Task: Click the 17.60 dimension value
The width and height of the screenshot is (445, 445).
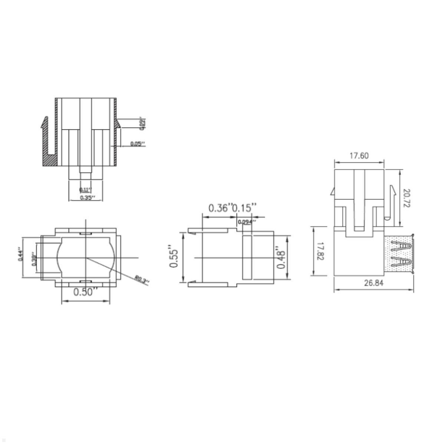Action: click(359, 156)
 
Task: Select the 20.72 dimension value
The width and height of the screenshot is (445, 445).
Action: click(406, 198)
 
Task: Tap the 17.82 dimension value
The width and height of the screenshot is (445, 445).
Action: click(321, 251)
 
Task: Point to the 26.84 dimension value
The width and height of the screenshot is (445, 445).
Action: click(373, 283)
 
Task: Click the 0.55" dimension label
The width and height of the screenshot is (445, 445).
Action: click(174, 256)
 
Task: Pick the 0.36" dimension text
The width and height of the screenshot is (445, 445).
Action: click(220, 208)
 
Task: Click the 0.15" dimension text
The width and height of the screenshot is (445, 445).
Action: click(244, 208)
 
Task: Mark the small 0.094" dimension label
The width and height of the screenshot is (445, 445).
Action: click(247, 222)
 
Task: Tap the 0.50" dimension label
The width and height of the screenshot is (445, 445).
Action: click(86, 292)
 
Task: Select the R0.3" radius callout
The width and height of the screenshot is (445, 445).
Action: click(141, 280)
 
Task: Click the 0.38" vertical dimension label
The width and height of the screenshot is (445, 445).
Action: click(34, 260)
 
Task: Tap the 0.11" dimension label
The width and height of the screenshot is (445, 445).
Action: click(85, 189)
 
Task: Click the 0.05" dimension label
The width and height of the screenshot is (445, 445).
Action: click(137, 144)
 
